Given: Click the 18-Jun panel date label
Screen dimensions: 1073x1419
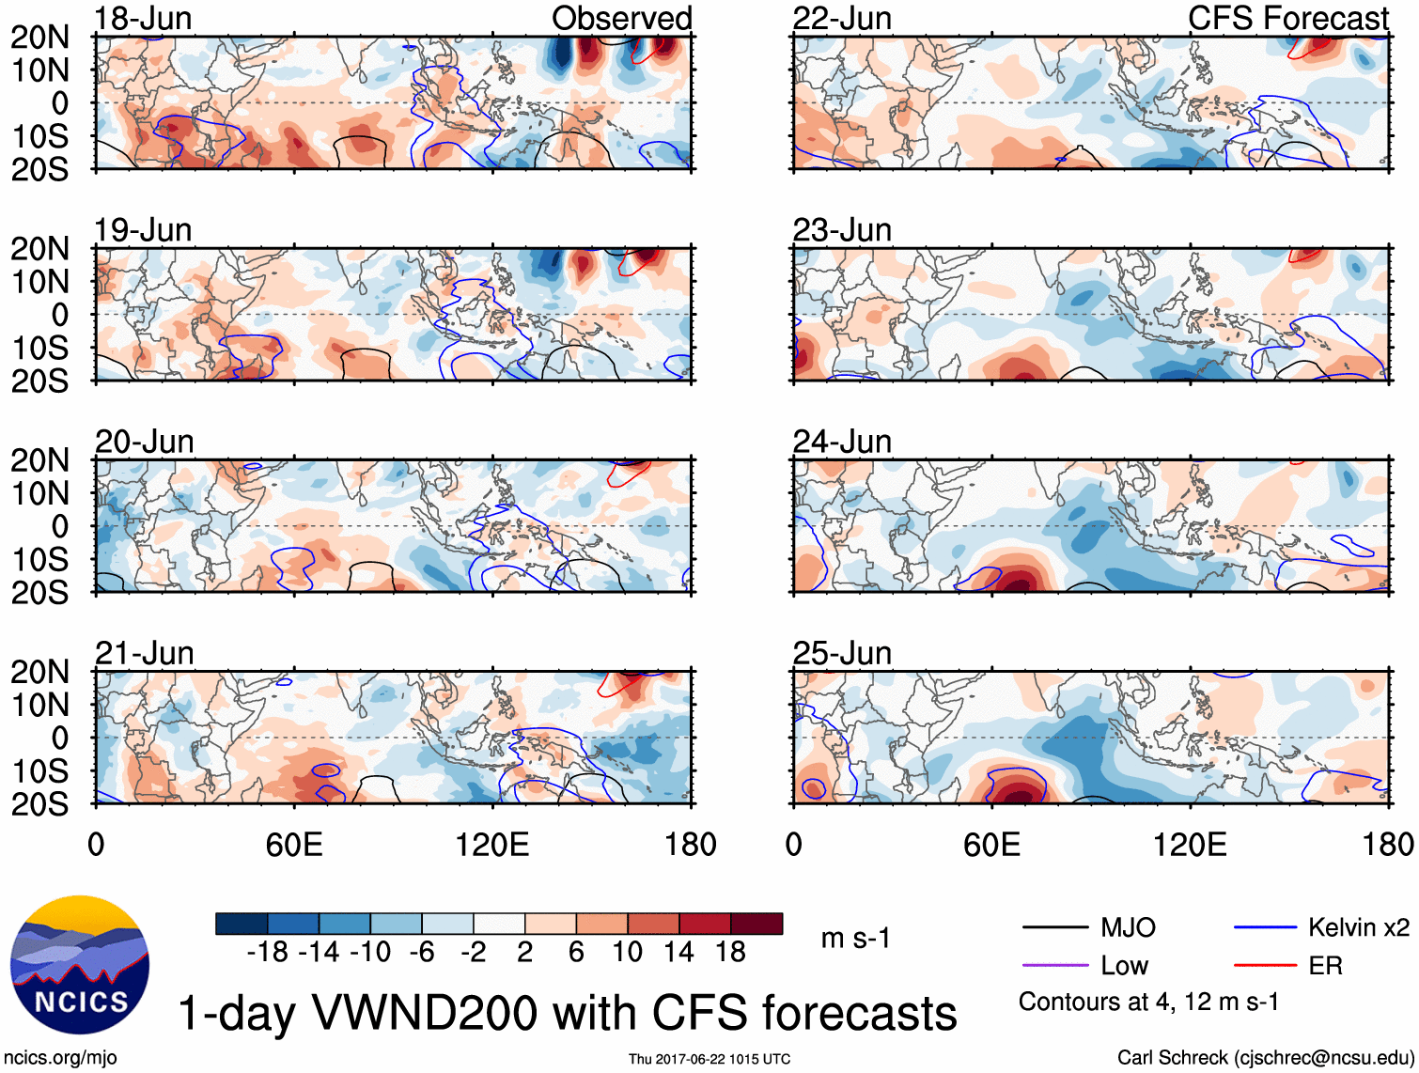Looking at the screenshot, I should (x=143, y=18).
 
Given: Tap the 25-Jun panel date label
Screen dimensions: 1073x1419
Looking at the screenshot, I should (x=842, y=653).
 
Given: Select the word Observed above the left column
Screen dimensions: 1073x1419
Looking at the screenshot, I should (x=621, y=18).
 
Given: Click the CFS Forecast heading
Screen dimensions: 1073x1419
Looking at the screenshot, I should (x=1287, y=18).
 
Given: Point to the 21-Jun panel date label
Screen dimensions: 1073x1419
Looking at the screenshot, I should (x=144, y=653).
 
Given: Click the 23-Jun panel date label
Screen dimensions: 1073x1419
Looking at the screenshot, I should (x=842, y=230).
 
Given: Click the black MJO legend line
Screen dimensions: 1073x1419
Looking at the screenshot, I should (x=1054, y=928).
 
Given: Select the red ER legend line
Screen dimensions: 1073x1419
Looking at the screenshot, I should (x=1265, y=965).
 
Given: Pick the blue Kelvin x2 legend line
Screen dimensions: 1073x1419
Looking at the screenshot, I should (x=1265, y=928).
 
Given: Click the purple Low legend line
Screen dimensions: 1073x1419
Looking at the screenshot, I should (x=1054, y=965).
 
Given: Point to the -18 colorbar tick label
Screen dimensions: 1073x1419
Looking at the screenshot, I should (x=268, y=952).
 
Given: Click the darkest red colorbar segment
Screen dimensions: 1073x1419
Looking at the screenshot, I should (x=756, y=924).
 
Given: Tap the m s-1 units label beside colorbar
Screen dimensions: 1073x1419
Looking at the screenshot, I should (x=855, y=938).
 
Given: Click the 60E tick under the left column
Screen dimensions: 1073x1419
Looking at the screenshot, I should (x=294, y=844).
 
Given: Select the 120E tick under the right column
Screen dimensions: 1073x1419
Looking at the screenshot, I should (x=1190, y=844).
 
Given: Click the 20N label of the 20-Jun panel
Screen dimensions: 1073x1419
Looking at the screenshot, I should (x=39, y=460).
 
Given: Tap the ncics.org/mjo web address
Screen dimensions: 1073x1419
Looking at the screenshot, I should (x=61, y=1057).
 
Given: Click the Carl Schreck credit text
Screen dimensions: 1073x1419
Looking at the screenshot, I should (x=1265, y=1057).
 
